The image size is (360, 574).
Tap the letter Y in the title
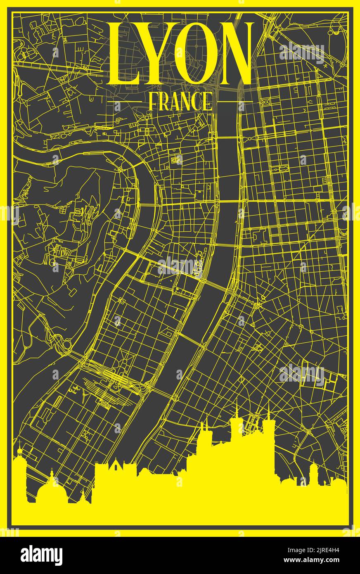pos(155,54)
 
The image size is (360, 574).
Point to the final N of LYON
pos(231,54)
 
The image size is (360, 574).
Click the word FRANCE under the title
pos(180,102)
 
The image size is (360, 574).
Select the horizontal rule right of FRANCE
pos(234,101)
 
